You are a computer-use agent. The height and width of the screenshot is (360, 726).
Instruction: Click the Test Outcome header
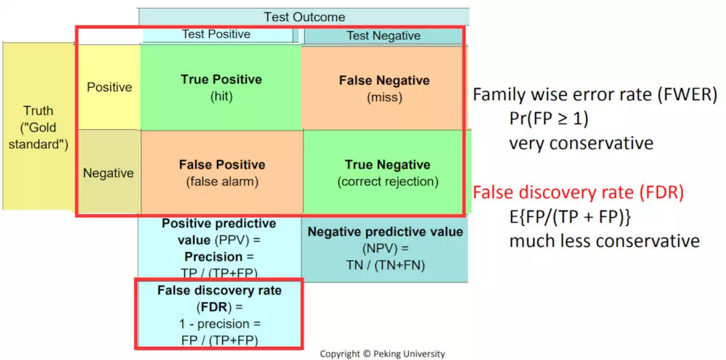[304, 17]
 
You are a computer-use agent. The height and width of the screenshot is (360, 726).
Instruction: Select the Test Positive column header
[217, 34]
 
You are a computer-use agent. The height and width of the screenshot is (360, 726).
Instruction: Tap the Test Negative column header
[383, 36]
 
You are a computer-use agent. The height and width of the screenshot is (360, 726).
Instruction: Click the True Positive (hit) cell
[221, 87]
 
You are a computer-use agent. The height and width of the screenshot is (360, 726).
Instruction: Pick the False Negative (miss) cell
[384, 87]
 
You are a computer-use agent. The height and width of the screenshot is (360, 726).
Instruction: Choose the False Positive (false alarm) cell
[221, 172]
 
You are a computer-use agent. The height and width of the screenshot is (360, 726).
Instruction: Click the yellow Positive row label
[110, 87]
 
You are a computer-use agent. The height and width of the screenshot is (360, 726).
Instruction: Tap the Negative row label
[109, 173]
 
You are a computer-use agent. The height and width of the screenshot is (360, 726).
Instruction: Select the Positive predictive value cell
[219, 248]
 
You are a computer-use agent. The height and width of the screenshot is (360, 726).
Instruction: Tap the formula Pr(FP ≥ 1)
[549, 119]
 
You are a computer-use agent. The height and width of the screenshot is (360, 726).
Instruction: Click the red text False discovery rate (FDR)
[578, 192]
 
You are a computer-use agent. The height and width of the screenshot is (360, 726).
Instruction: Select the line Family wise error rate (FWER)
[595, 95]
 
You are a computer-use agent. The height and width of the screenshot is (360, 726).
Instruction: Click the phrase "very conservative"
[581, 143]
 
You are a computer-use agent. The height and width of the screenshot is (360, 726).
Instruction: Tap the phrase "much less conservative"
[604, 241]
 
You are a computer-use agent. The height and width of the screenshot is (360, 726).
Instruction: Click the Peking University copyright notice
[383, 354]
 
